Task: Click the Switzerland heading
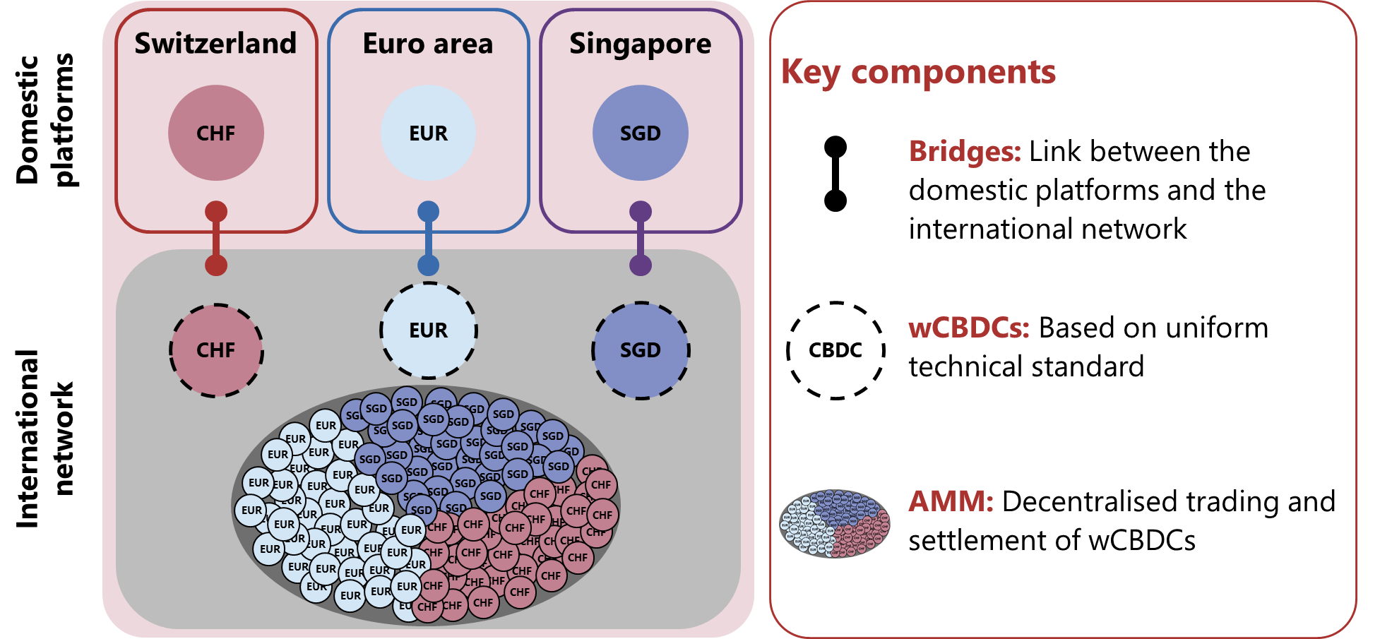215,44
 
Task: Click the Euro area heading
428,44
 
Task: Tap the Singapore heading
640,44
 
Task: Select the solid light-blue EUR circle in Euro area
428,133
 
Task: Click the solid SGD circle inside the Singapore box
640,133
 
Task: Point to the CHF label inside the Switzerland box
215,133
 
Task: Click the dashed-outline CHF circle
216,350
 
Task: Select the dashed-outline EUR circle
428,330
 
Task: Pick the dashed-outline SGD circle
640,350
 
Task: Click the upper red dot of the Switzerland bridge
216,211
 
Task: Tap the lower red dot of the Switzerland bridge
216,265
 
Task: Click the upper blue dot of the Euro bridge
428,211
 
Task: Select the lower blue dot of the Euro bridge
428,265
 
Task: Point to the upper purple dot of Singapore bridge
640,211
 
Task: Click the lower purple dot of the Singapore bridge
640,265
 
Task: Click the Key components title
917,72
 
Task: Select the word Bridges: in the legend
965,150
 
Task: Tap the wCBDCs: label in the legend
968,328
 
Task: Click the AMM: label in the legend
951,501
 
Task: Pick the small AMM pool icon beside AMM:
834,524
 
